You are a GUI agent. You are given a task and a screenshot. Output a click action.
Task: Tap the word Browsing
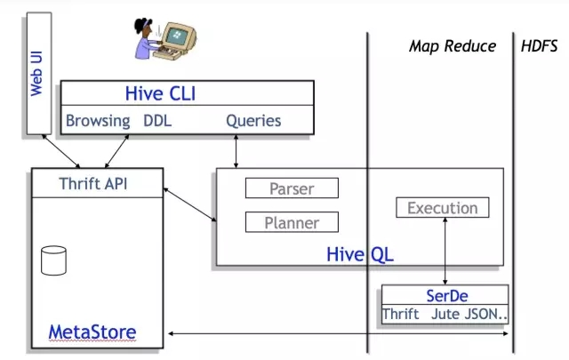pos(98,120)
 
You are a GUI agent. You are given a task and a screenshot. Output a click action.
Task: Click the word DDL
pos(156,120)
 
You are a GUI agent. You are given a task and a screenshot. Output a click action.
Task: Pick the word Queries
pos(253,120)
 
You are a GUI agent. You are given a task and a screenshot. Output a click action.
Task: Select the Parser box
pos(291,188)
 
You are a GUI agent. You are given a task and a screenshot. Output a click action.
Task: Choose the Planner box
pos(291,222)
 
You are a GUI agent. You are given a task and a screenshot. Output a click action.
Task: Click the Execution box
pos(442,208)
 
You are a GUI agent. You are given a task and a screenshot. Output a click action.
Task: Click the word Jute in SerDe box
pos(446,314)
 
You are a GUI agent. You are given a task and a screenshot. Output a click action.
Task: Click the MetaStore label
pos(93,332)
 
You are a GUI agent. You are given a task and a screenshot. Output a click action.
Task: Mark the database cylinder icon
pos(54,260)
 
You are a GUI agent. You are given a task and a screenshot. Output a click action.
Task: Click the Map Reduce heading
pos(452,45)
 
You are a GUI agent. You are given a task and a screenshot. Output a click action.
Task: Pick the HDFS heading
pos(540,45)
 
